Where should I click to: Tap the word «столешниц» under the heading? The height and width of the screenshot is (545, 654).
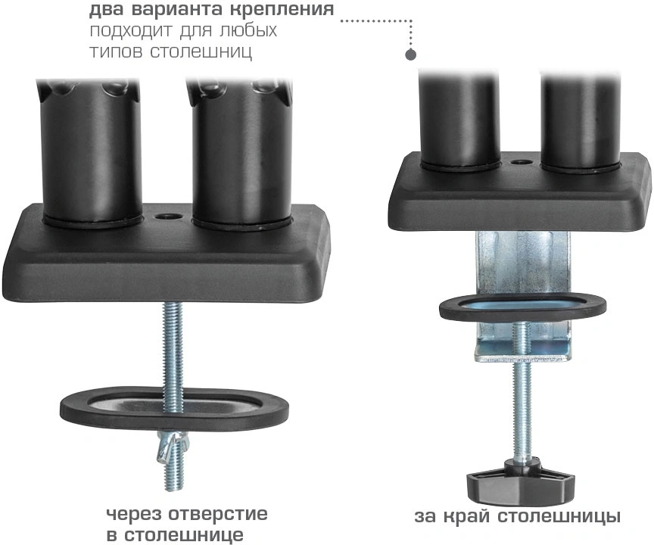[x=201, y=52]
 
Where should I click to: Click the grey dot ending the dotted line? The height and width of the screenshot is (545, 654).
[x=411, y=54]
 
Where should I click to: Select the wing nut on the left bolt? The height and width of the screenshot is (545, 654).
[x=173, y=449]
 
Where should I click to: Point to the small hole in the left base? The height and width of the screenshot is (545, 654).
[x=169, y=216]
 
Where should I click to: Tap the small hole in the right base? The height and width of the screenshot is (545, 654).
[x=520, y=163]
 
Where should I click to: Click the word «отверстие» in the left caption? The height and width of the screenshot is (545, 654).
[x=218, y=514]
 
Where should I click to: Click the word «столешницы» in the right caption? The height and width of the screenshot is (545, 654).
[x=559, y=517]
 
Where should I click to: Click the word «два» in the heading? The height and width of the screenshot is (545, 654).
[x=105, y=10]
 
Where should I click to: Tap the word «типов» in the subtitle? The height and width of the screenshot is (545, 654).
[x=115, y=53]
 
